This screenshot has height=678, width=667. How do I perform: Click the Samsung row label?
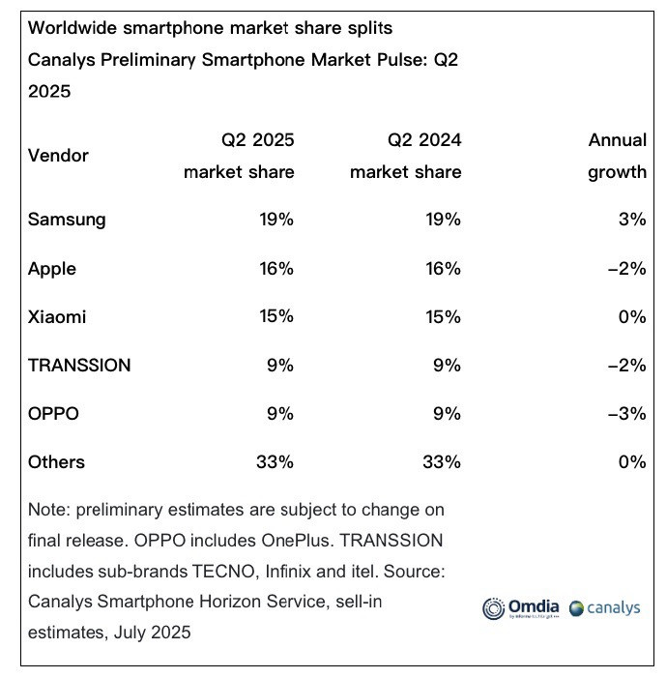pos(67,220)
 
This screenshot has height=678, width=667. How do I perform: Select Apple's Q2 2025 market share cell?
pos(276,269)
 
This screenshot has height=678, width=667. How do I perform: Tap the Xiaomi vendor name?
pos(57,317)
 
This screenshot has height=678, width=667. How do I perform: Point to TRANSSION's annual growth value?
pos(626,366)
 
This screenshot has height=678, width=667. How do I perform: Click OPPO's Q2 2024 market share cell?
pos(447,414)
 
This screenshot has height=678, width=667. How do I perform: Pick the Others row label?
pos(56,462)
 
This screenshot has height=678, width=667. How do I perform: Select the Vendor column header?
pos(58,156)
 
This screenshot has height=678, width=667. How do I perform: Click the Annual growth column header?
pos(618,156)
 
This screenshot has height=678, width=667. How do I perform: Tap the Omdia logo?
pos(521,608)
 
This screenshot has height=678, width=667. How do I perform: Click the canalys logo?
pos(605,608)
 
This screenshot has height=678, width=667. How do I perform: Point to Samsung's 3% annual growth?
pos(632,220)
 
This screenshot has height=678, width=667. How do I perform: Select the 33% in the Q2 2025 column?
pos(275,462)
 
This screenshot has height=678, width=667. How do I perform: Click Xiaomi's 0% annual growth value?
pos(632,317)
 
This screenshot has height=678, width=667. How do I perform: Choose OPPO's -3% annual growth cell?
pos(626,414)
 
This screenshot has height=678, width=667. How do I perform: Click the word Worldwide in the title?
pos(72,28)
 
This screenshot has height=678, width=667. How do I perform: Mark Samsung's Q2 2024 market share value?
pos(443,220)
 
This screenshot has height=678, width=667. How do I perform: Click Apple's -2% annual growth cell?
pos(626,269)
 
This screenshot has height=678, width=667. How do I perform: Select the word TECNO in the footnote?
pos(225,572)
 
